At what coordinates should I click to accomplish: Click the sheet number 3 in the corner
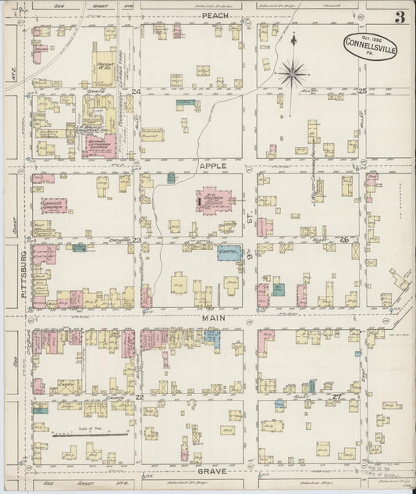[x=399, y=18]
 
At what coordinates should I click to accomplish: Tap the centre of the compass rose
[x=293, y=73]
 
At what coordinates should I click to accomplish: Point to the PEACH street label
[x=213, y=16]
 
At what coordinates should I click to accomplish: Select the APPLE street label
[x=212, y=166]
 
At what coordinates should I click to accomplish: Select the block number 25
[x=362, y=92]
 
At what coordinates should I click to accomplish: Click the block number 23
[x=136, y=241]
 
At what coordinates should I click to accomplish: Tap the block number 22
[x=139, y=397]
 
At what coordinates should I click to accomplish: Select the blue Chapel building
[x=227, y=252]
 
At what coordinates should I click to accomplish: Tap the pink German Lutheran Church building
[x=101, y=146]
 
